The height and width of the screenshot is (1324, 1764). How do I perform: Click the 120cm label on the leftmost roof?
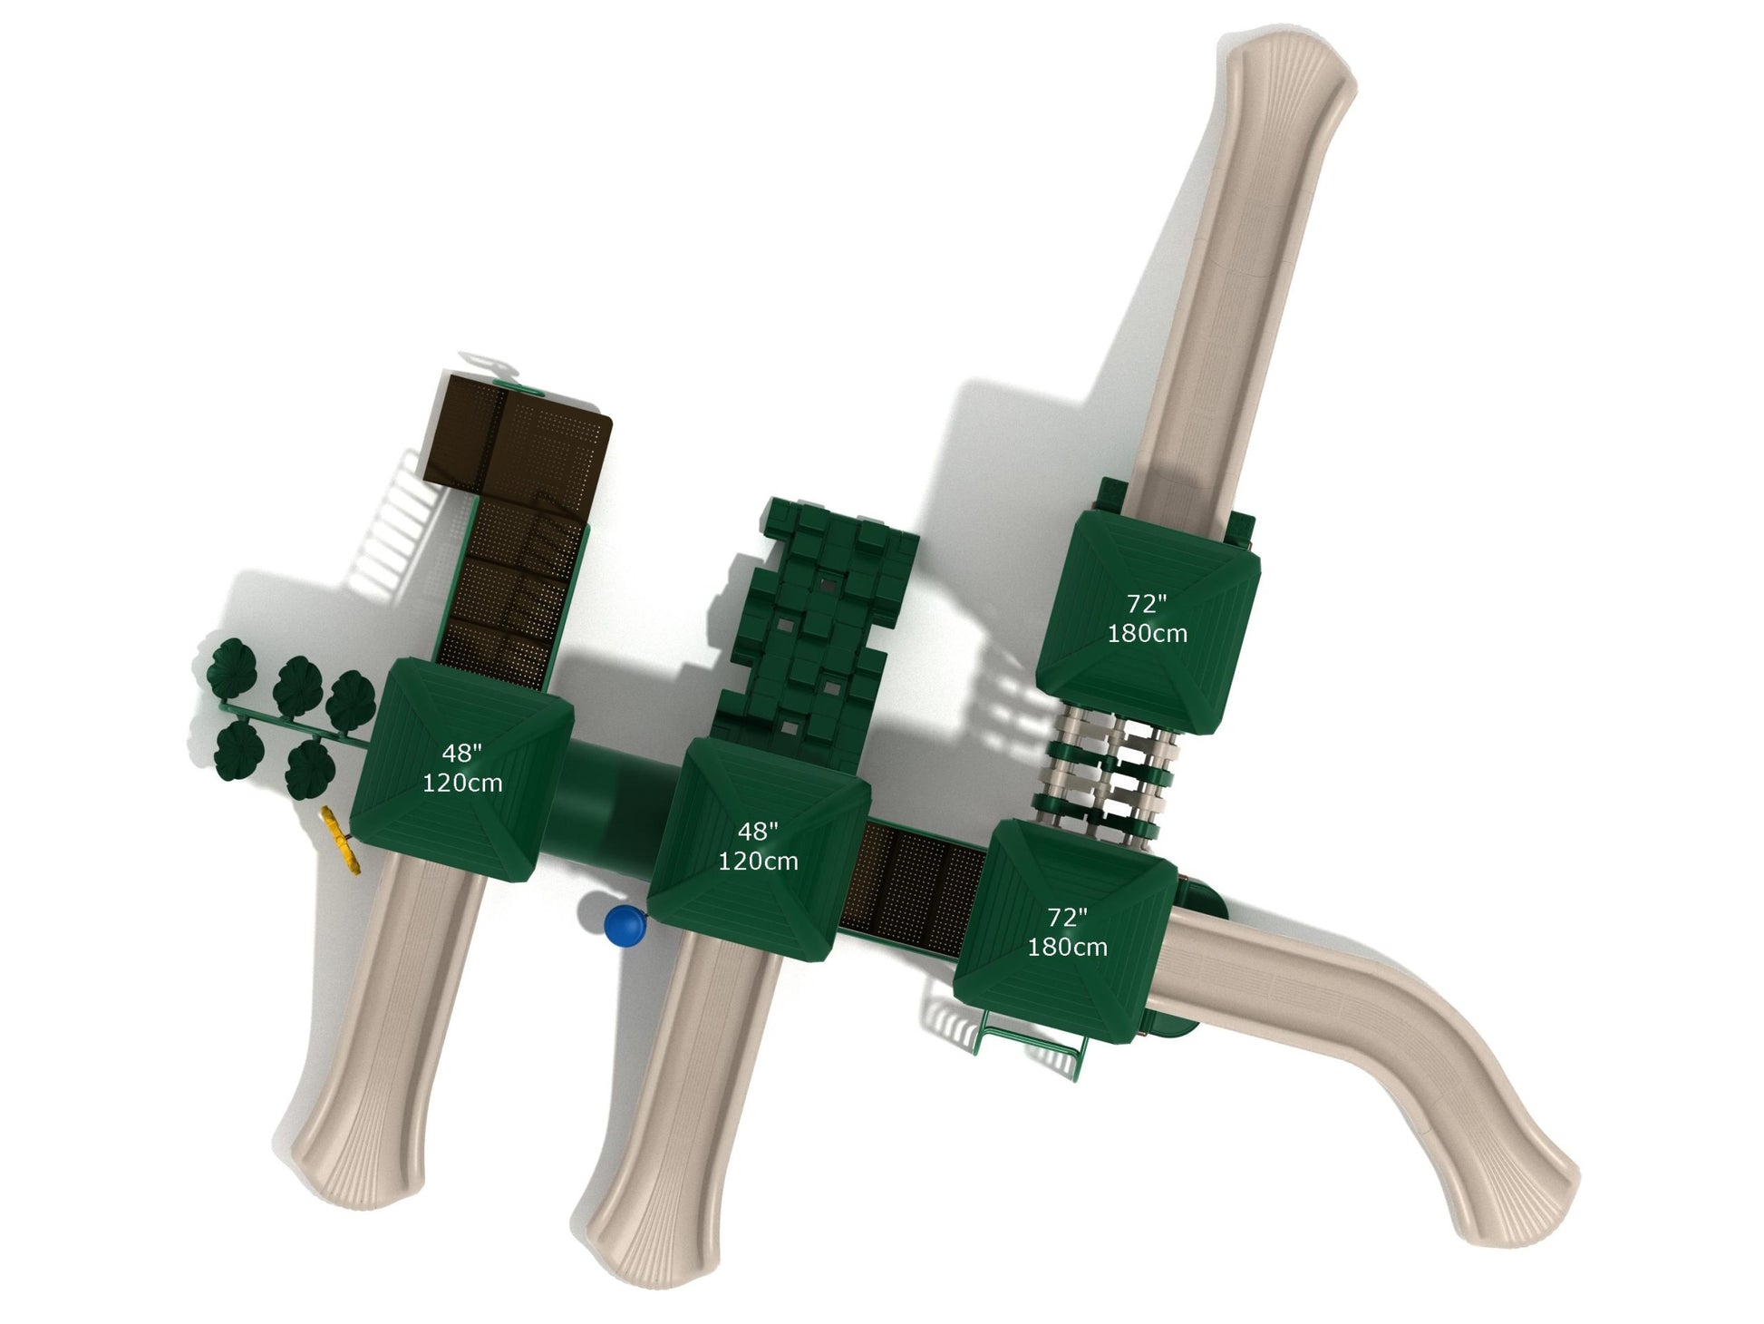pos(462,783)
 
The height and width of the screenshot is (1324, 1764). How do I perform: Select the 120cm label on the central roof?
pos(758,861)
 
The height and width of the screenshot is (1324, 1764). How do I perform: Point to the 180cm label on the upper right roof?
pos(1147,633)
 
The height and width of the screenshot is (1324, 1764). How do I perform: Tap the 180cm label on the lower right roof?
pos(1067,947)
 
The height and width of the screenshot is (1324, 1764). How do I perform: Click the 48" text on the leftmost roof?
pos(462,753)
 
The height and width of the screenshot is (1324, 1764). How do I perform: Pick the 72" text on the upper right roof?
pos(1147,603)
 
